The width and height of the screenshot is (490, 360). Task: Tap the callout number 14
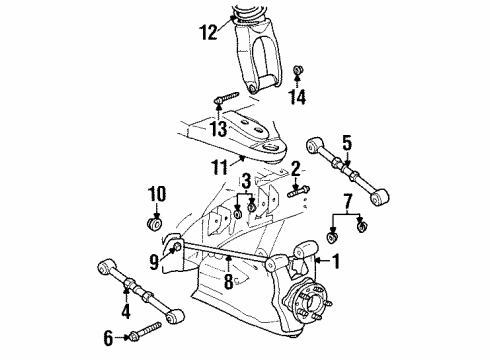(x=295, y=168)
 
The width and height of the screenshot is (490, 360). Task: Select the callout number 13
(x=245, y=180)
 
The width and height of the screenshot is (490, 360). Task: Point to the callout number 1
(x=208, y=32)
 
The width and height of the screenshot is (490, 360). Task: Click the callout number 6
(x=298, y=96)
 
